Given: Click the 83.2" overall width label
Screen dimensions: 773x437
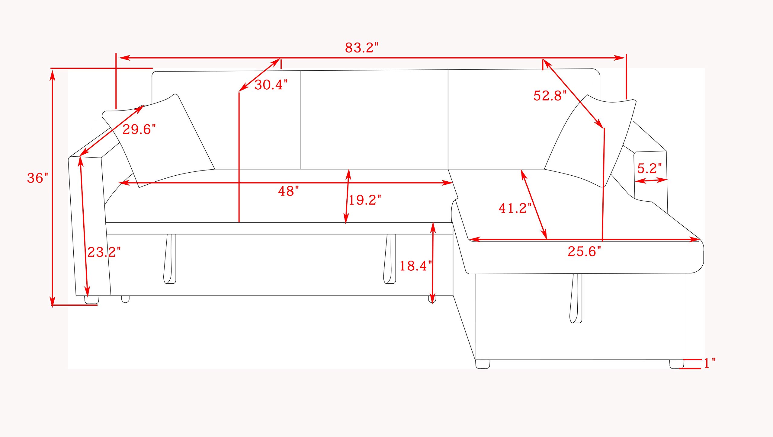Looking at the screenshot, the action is [x=361, y=48].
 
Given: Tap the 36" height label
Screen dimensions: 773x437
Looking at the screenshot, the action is [x=38, y=178].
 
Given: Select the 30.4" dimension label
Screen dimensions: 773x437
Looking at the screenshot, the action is [x=271, y=85].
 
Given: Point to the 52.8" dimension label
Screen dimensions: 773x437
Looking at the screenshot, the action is [x=550, y=96].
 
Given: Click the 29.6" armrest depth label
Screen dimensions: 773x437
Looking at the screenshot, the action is [x=139, y=129].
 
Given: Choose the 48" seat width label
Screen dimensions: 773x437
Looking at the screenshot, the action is [x=288, y=191].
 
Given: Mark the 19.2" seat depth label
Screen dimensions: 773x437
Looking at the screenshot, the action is [x=365, y=200].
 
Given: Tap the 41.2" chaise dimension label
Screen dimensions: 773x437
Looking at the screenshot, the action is [x=515, y=208].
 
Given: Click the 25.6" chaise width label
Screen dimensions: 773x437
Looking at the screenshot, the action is [x=584, y=251].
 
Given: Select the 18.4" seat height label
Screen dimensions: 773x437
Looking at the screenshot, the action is [x=415, y=266].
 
